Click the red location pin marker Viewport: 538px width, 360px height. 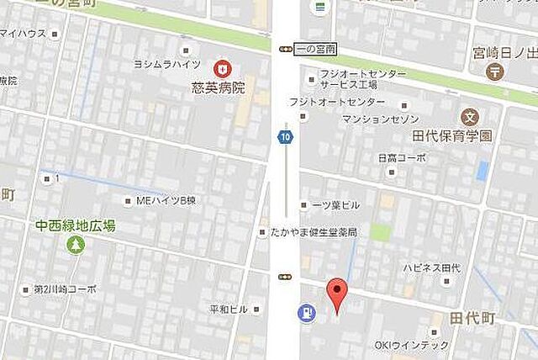pyautogui.click(x=336, y=294)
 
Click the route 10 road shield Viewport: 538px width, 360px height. pyautogui.click(x=287, y=137)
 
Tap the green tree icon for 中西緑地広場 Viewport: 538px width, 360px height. pyautogui.click(x=76, y=245)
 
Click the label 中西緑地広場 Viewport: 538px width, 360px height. pyautogui.click(x=76, y=225)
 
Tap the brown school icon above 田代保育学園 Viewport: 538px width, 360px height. pyautogui.click(x=468, y=115)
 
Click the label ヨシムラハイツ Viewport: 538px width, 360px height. pyautogui.click(x=166, y=64)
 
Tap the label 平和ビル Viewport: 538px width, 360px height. pyautogui.click(x=229, y=309)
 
